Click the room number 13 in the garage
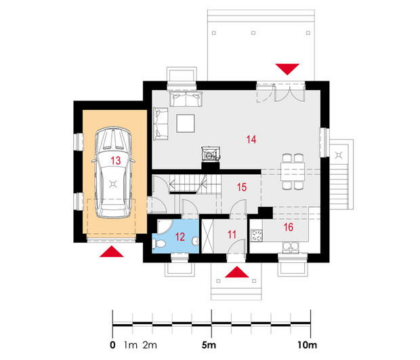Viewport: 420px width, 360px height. (116, 161)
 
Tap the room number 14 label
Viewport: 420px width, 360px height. (251, 140)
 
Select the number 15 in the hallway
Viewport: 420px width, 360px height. (242, 187)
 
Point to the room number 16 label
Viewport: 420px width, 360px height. (289, 227)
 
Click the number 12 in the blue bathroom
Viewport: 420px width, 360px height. (180, 237)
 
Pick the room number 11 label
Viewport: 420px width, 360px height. (232, 235)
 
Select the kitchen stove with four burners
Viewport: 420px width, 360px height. (257, 235)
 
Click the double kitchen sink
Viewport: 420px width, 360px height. (291, 247)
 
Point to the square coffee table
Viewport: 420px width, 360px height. (186, 123)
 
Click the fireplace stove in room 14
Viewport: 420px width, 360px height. (211, 154)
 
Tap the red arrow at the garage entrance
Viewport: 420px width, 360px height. (112, 252)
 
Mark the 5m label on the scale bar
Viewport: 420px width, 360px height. (209, 345)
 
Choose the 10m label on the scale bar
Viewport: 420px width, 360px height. (308, 345)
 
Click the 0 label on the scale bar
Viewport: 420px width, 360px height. (112, 345)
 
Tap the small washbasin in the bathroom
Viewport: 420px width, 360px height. (196, 241)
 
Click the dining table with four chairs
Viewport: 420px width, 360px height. (293, 172)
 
